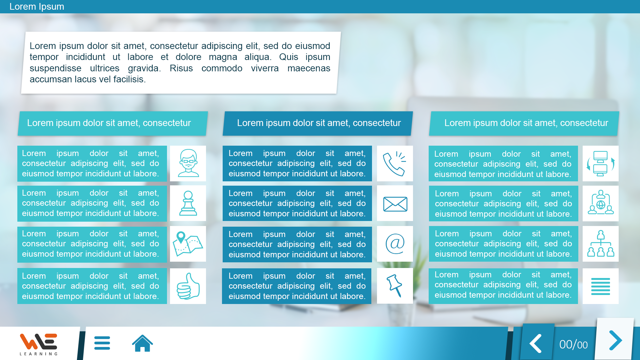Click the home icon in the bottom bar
(x=142, y=343)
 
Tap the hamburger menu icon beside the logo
(x=102, y=343)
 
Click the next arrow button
(x=615, y=340)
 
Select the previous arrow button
(x=536, y=343)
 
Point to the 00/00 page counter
(x=573, y=345)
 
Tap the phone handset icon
(x=395, y=164)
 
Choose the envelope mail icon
(x=395, y=204)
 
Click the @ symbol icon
(x=395, y=244)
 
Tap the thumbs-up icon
(x=188, y=286)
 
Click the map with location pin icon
(x=188, y=244)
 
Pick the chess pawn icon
(x=188, y=203)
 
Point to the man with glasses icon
(x=188, y=163)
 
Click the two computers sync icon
(x=601, y=163)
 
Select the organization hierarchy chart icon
(x=601, y=243)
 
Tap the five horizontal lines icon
(x=601, y=286)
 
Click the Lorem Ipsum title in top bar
(x=37, y=7)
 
